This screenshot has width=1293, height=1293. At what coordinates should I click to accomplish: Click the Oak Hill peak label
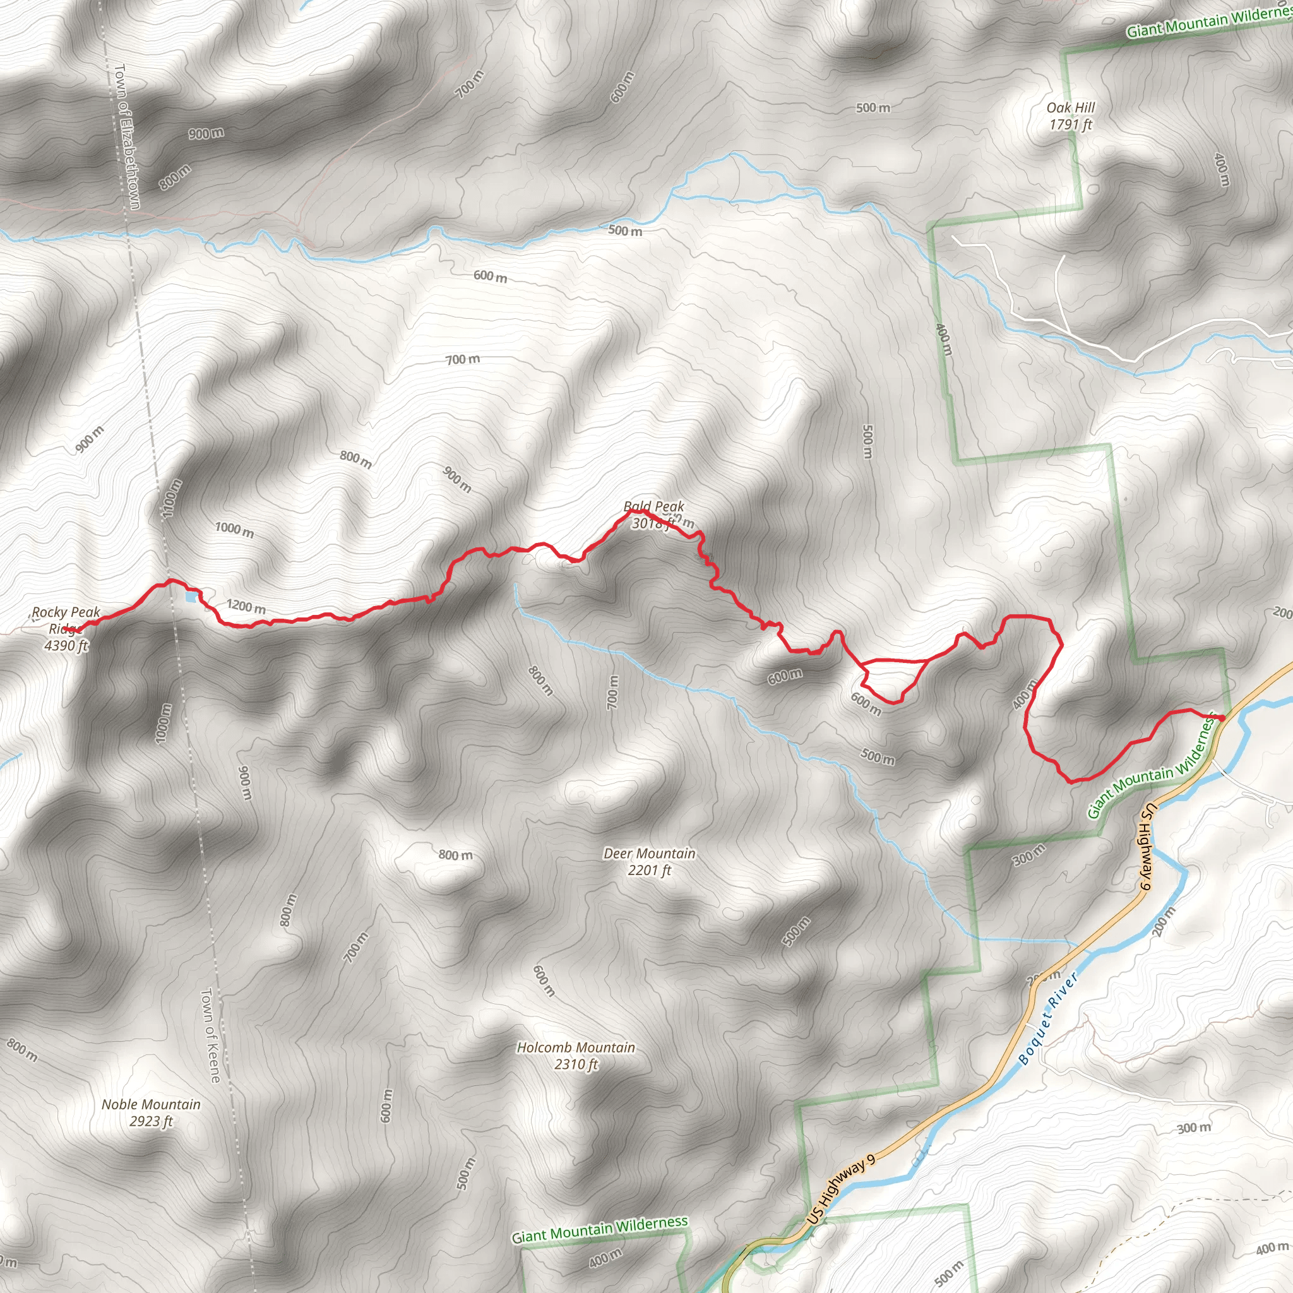1071,108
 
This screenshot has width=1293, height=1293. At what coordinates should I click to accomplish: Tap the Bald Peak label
653,506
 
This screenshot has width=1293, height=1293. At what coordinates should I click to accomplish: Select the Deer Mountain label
649,854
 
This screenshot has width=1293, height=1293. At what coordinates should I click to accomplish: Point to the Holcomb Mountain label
576,1047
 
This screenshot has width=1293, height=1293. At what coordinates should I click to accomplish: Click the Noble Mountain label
151,1104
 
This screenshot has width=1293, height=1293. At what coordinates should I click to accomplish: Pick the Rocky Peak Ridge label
66,620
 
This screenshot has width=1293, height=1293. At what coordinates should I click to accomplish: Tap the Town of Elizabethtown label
127,136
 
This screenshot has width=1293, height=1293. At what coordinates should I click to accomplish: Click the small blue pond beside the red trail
191,595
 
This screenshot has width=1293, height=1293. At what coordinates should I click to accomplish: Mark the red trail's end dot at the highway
1222,718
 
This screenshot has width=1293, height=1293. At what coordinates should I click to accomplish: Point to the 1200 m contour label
246,606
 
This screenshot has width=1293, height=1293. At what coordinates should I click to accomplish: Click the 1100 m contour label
172,498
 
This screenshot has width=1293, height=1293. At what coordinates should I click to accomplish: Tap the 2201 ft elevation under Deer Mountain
649,870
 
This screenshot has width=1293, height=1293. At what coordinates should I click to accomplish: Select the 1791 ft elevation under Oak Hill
1071,124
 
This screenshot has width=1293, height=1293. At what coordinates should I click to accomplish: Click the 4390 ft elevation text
66,646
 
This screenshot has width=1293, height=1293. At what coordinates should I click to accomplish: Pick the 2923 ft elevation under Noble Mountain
151,1121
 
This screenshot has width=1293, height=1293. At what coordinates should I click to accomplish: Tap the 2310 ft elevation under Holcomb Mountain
576,1064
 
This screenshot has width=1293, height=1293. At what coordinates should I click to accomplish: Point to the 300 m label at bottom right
1194,1128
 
